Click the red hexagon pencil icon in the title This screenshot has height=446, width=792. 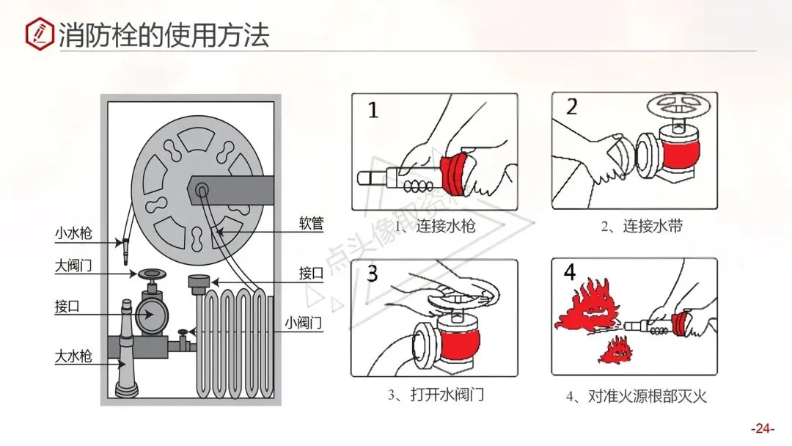click(38, 33)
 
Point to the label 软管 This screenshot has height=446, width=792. click(311, 222)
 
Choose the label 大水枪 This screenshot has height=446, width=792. click(73, 357)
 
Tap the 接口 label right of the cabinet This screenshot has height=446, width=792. click(311, 273)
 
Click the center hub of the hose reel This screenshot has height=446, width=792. click(201, 190)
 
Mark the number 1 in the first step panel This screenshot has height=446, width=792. click(373, 111)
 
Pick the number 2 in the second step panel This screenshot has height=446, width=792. click(572, 107)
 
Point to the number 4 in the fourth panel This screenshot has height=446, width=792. click(570, 273)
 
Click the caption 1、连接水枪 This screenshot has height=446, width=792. click(435, 226)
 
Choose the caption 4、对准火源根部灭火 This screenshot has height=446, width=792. click(636, 396)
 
